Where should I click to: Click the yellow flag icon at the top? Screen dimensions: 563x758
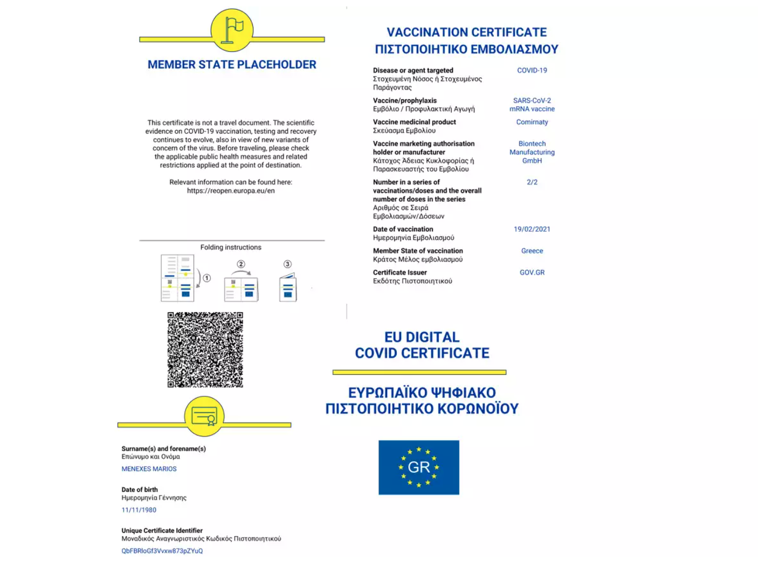[x=232, y=30]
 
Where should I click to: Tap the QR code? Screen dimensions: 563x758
[x=205, y=349]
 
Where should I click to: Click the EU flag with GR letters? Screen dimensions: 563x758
[x=419, y=467]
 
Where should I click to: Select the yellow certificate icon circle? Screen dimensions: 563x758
[x=204, y=416]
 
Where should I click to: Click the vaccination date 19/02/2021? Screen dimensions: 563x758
[x=532, y=229]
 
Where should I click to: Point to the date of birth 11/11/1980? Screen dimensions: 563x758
[x=139, y=510]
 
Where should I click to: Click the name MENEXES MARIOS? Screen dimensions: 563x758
[x=149, y=469]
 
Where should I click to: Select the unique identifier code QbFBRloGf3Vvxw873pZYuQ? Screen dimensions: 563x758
[x=162, y=551]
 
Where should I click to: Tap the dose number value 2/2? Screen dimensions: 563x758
[x=532, y=182]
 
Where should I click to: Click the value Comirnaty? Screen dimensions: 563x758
[x=532, y=122]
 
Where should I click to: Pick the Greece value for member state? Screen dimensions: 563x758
[x=532, y=251]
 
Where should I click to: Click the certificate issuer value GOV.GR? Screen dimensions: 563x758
[x=532, y=272]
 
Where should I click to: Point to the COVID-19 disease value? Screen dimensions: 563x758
[x=532, y=70]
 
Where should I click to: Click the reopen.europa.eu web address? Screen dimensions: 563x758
[x=231, y=190]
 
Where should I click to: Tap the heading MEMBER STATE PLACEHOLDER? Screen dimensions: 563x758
[x=232, y=65]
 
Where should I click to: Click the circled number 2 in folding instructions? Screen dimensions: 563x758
[x=241, y=264]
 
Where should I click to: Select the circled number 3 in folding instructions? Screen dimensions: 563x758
[x=287, y=264]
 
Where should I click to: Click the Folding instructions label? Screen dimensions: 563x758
[x=231, y=247]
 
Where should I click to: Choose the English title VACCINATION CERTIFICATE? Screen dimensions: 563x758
[x=466, y=32]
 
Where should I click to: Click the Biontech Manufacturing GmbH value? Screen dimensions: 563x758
[x=532, y=152]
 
